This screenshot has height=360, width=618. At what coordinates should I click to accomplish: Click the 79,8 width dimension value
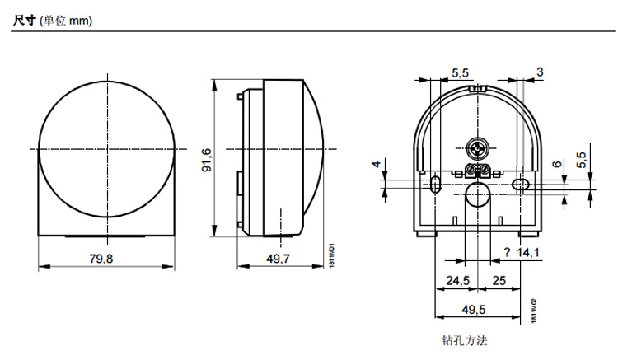point(101,259)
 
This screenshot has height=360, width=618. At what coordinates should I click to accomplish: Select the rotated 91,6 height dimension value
point(207,160)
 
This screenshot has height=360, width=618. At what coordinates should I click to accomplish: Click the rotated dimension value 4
point(377,166)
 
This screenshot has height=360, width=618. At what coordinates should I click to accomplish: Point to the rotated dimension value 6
point(557,166)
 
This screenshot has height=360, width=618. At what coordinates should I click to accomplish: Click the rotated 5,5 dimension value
point(580,161)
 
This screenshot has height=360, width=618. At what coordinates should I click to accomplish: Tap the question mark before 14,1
point(506,253)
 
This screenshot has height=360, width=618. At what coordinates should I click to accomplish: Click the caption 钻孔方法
point(466,339)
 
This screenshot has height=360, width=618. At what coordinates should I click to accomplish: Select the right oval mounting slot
point(519,182)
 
